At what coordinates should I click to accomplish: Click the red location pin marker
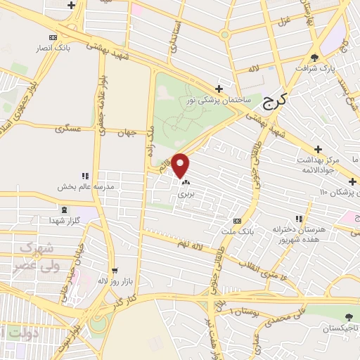coord(181,165)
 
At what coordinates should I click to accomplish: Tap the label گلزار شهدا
coord(64,221)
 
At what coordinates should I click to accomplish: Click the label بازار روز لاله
coord(112,281)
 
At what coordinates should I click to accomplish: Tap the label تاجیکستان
coord(341,328)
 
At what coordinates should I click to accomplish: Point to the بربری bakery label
coord(184,192)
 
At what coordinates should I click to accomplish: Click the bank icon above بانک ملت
coord(246,220)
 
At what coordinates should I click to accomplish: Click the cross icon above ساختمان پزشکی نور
coord(220,89)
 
